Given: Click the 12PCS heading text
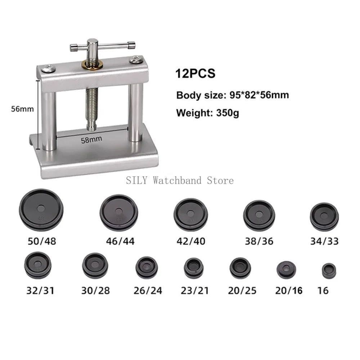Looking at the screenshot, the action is click(x=195, y=73).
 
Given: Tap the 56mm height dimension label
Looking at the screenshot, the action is click(x=22, y=109).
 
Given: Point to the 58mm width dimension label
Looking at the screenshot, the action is click(x=91, y=140).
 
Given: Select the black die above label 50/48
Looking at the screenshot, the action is click(x=41, y=210).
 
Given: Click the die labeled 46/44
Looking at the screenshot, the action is click(x=119, y=213).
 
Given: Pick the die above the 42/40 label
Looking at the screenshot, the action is click(x=190, y=215).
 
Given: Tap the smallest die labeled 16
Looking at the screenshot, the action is click(x=329, y=271).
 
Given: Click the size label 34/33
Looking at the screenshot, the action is click(x=324, y=241).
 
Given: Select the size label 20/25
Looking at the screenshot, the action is click(x=242, y=291).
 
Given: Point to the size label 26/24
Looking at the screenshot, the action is click(x=148, y=291).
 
